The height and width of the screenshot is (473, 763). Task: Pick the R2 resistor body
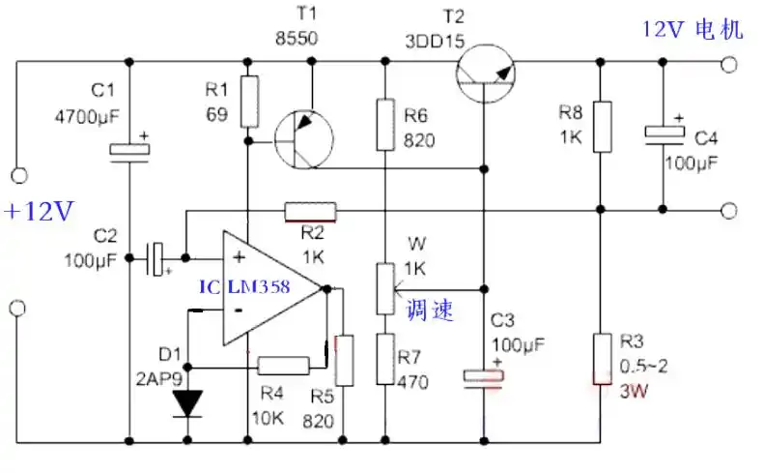[310, 210]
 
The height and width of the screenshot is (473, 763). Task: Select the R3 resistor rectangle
[601, 356]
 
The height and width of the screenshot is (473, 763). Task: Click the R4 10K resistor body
[283, 365]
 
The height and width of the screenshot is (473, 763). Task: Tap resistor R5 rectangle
[343, 360]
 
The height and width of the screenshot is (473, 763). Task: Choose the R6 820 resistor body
[385, 123]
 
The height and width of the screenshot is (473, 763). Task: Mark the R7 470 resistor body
[385, 358]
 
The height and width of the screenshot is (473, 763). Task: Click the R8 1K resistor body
[601, 126]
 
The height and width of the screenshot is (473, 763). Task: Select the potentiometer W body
[385, 288]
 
